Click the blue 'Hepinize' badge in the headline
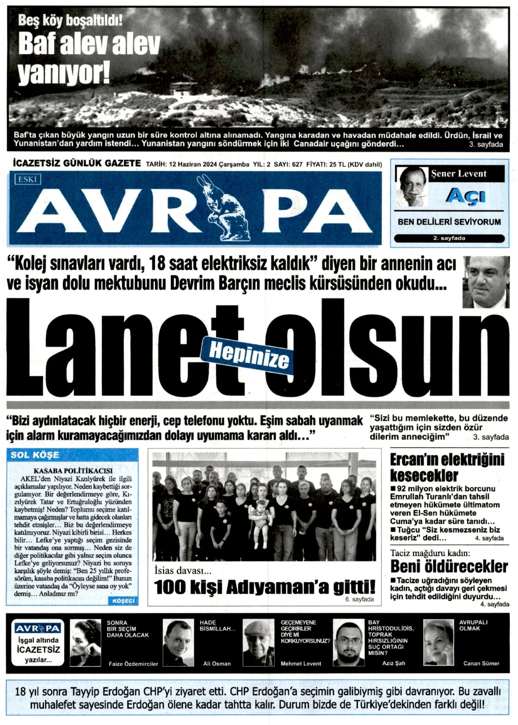249,354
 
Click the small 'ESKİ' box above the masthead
28,179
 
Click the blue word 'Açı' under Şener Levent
465,196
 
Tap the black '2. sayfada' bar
449,238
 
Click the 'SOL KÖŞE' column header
35,455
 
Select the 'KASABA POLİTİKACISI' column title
73,471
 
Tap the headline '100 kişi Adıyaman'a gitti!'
265,587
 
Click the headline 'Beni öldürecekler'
449,566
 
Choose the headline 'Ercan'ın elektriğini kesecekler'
447,467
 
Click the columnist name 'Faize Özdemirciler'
133,664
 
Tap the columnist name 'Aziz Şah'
393,663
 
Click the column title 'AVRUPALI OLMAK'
473,625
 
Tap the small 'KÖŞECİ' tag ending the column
122,601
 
